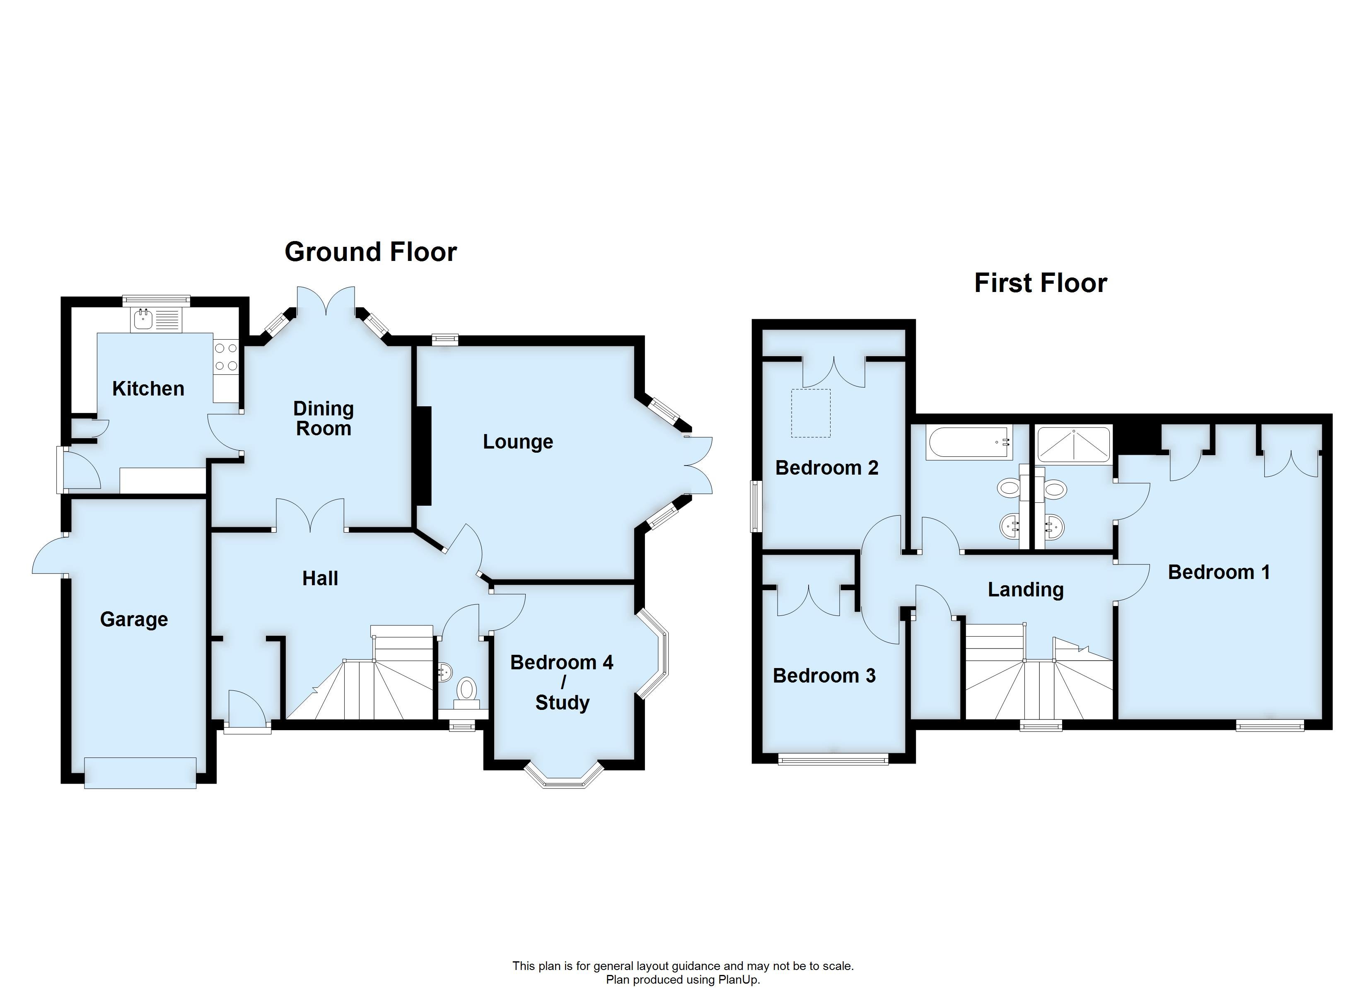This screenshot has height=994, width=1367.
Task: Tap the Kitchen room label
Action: [x=148, y=389]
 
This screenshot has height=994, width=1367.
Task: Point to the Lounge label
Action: [x=518, y=442]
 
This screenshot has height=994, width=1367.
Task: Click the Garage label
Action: [x=134, y=619]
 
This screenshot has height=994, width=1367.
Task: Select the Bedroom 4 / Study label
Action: [x=562, y=683]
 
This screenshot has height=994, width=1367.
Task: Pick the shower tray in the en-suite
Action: [x=1073, y=444]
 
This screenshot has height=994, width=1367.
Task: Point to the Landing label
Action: [x=1025, y=589]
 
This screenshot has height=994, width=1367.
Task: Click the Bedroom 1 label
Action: [x=1219, y=572]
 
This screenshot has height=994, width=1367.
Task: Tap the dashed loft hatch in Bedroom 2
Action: [x=811, y=413]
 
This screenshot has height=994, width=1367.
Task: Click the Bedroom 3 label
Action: [x=824, y=676]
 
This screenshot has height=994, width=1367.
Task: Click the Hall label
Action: [x=320, y=579]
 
